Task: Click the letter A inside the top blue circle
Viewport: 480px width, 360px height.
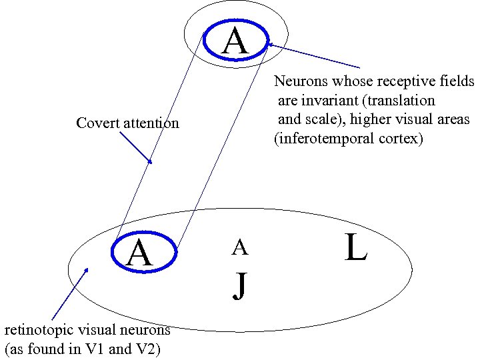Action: pyautogui.click(x=235, y=41)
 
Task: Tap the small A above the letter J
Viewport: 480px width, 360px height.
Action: pyautogui.click(x=240, y=248)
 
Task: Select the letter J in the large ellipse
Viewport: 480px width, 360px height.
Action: pyautogui.click(x=240, y=285)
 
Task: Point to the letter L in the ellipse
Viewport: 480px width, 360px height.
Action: pyautogui.click(x=356, y=247)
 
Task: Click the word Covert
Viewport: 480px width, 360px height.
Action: pyautogui.click(x=96, y=123)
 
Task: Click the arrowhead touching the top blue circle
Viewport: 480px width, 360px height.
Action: pyautogui.click(x=271, y=45)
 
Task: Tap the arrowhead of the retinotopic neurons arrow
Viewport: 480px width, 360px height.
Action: pyautogui.click(x=85, y=271)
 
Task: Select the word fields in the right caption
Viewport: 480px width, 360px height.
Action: pyautogui.click(x=458, y=82)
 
